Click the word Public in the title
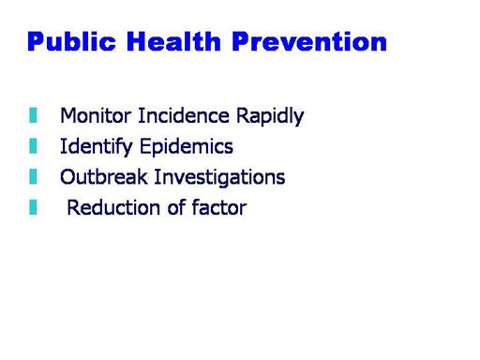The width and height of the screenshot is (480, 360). pos(71,41)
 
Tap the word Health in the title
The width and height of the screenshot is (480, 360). pos(173,41)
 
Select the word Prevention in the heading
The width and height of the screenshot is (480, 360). pos(309,41)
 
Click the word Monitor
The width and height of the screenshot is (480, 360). pos(96,115)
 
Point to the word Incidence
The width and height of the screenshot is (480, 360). pos(184,115)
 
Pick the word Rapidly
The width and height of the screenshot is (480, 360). pos(270,116)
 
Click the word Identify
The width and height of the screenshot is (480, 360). pos(97,147)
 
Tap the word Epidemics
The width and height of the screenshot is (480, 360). pos(187,147)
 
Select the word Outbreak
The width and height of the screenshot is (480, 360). pos(104,177)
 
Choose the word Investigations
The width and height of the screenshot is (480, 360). pos(219,177)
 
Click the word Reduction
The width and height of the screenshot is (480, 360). pos(114,207)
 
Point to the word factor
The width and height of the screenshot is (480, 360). pos(219,207)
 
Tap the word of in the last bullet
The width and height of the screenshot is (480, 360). pos(176,207)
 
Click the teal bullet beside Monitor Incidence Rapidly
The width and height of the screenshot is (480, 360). pos(33,115)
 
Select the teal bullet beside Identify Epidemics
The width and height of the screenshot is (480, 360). pos(33,146)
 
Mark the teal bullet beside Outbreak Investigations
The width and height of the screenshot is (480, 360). pos(33,176)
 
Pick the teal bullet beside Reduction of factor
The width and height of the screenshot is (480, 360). pos(33,207)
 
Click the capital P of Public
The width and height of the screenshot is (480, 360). pos(36,41)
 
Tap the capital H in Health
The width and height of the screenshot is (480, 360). pos(137,41)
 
